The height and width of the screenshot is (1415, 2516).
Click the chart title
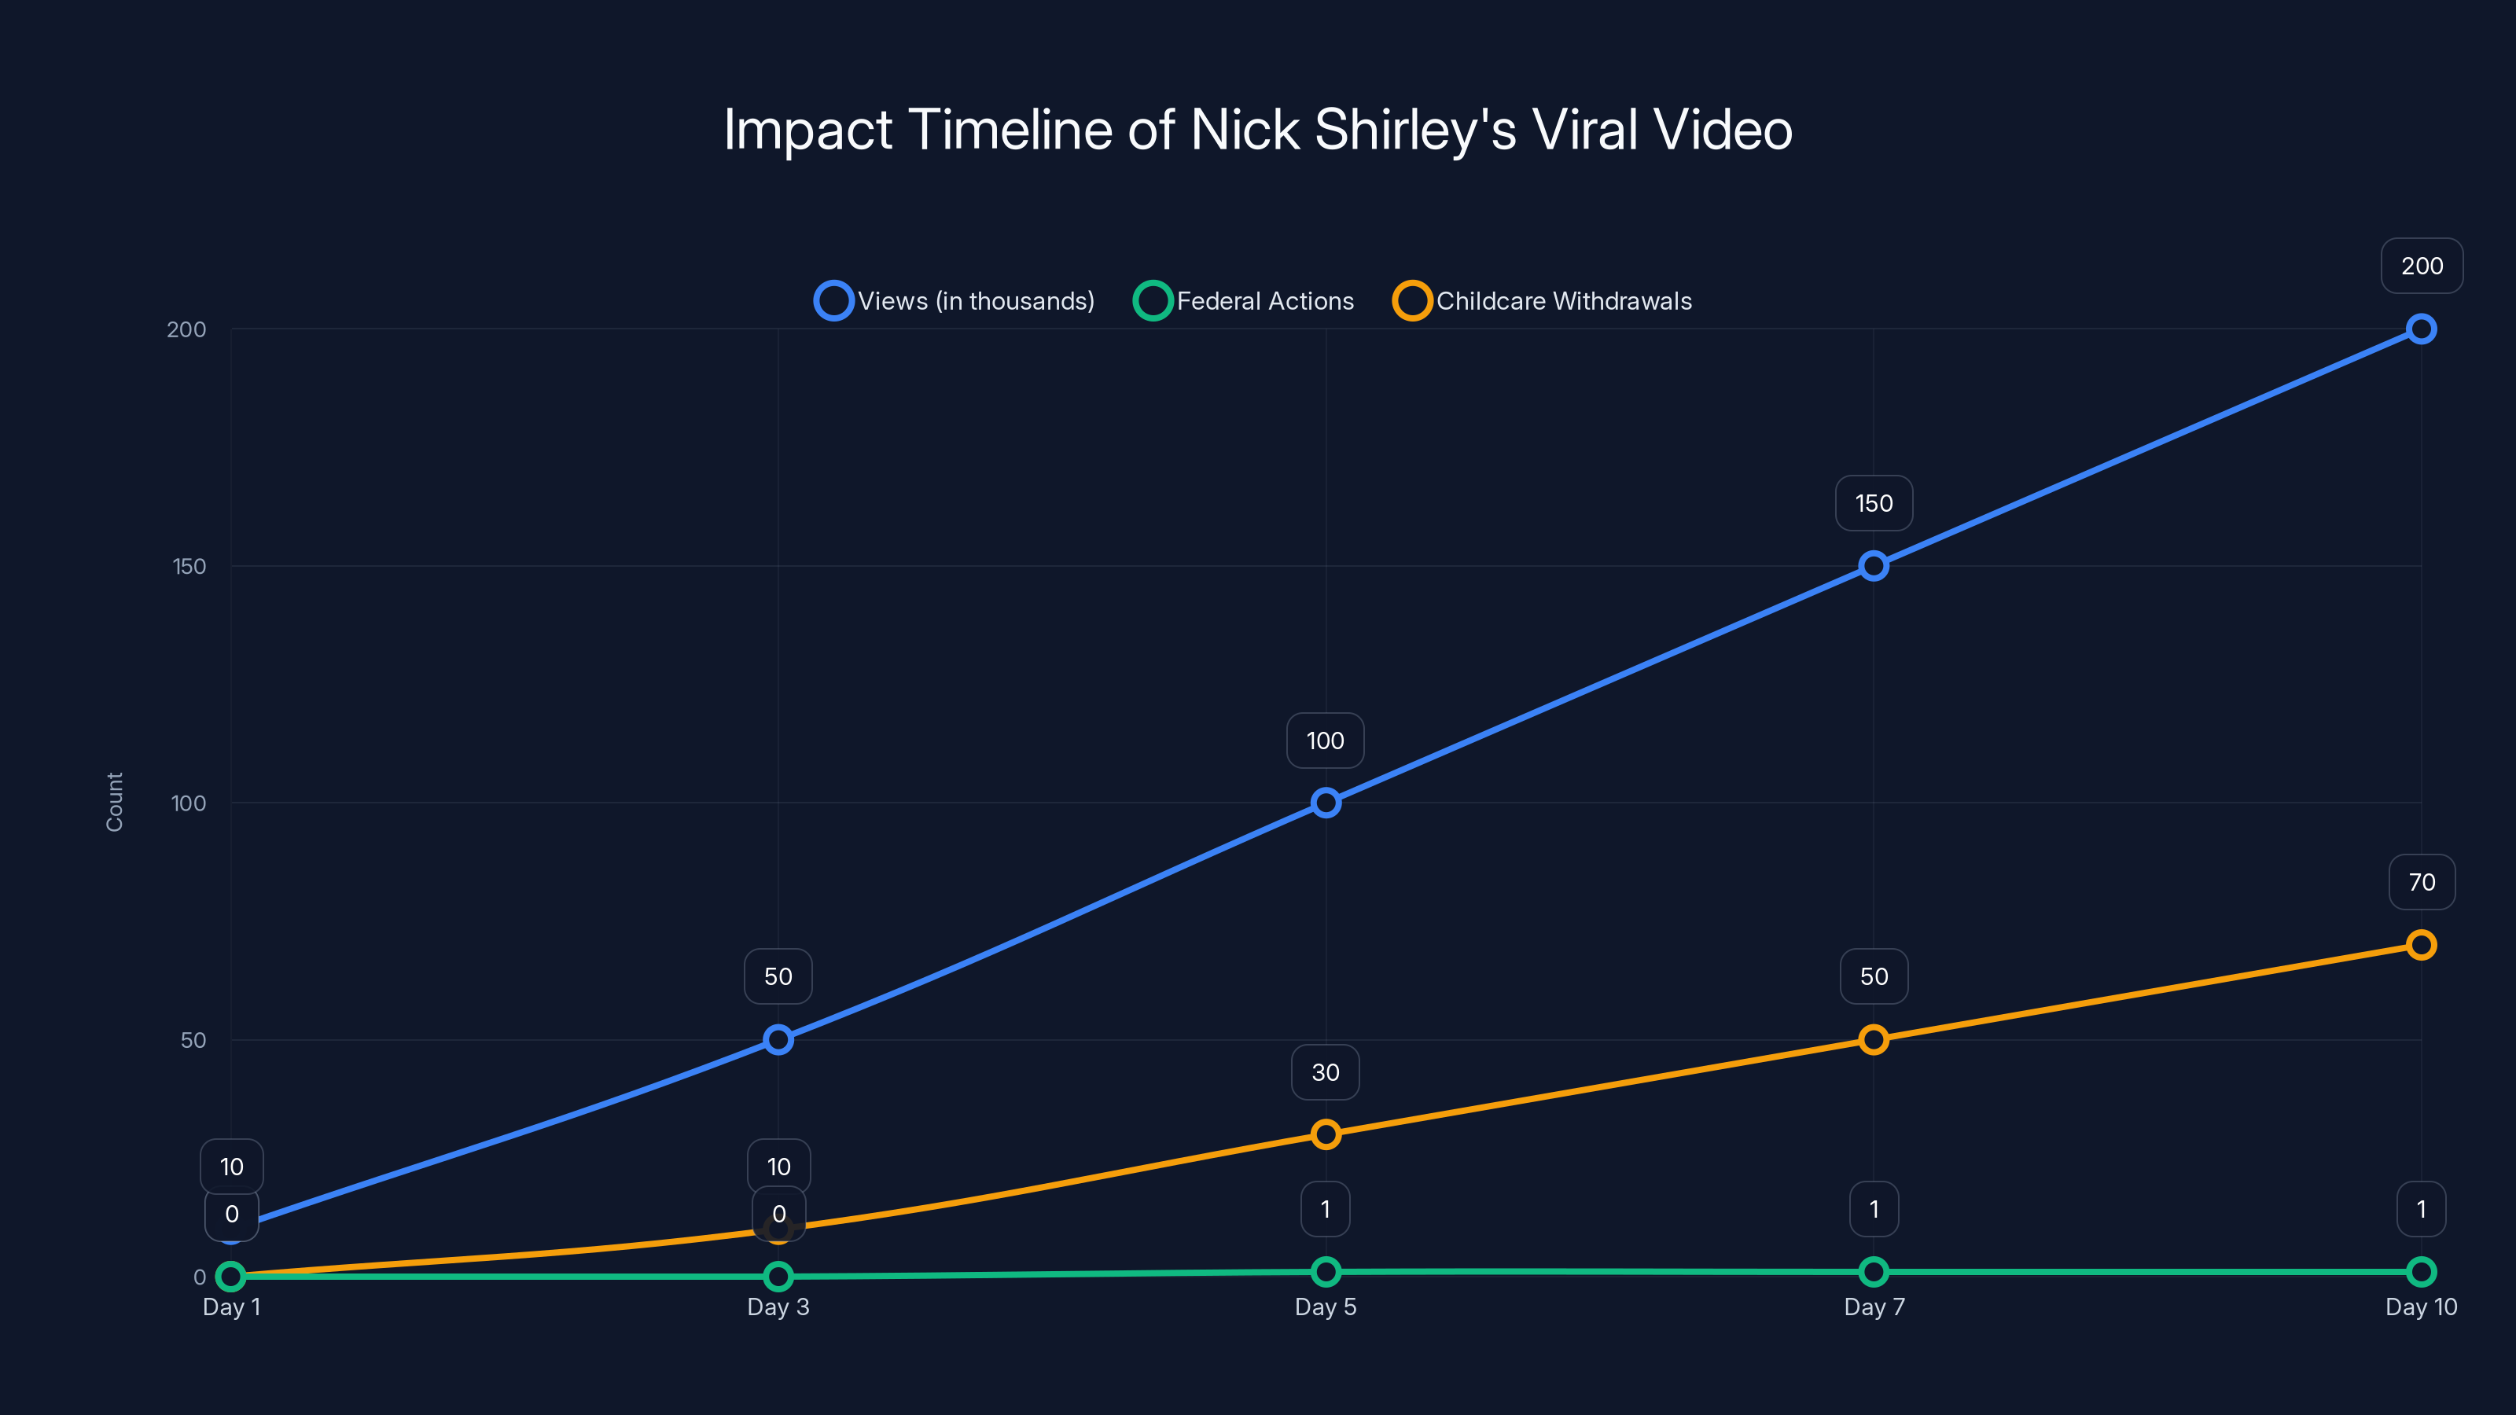pyautogui.click(x=1257, y=129)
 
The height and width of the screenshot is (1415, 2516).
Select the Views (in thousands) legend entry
pyautogui.click(x=955, y=301)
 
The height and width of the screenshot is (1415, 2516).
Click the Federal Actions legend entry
pyautogui.click(x=1245, y=301)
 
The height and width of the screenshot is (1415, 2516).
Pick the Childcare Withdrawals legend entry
pyautogui.click(x=1543, y=301)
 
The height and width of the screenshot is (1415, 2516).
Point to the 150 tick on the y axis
pyautogui.click(x=189, y=566)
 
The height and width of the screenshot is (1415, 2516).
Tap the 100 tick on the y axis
pyautogui.click(x=189, y=803)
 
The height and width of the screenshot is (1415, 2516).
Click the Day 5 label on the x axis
pyautogui.click(x=1326, y=1307)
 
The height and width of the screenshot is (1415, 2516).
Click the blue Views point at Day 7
pyautogui.click(x=1874, y=566)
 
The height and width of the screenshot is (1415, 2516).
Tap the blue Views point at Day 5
pyautogui.click(x=1326, y=803)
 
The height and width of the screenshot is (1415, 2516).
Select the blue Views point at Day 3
pyautogui.click(x=778, y=1039)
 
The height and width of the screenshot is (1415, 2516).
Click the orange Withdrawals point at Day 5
pyautogui.click(x=1326, y=1134)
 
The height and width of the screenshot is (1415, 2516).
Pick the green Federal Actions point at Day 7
pyautogui.click(x=1874, y=1271)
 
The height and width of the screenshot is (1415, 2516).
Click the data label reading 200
pyautogui.click(x=2422, y=266)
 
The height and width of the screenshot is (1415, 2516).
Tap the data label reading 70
pyautogui.click(x=2422, y=882)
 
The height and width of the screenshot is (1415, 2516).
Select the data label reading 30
pyautogui.click(x=1326, y=1072)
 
